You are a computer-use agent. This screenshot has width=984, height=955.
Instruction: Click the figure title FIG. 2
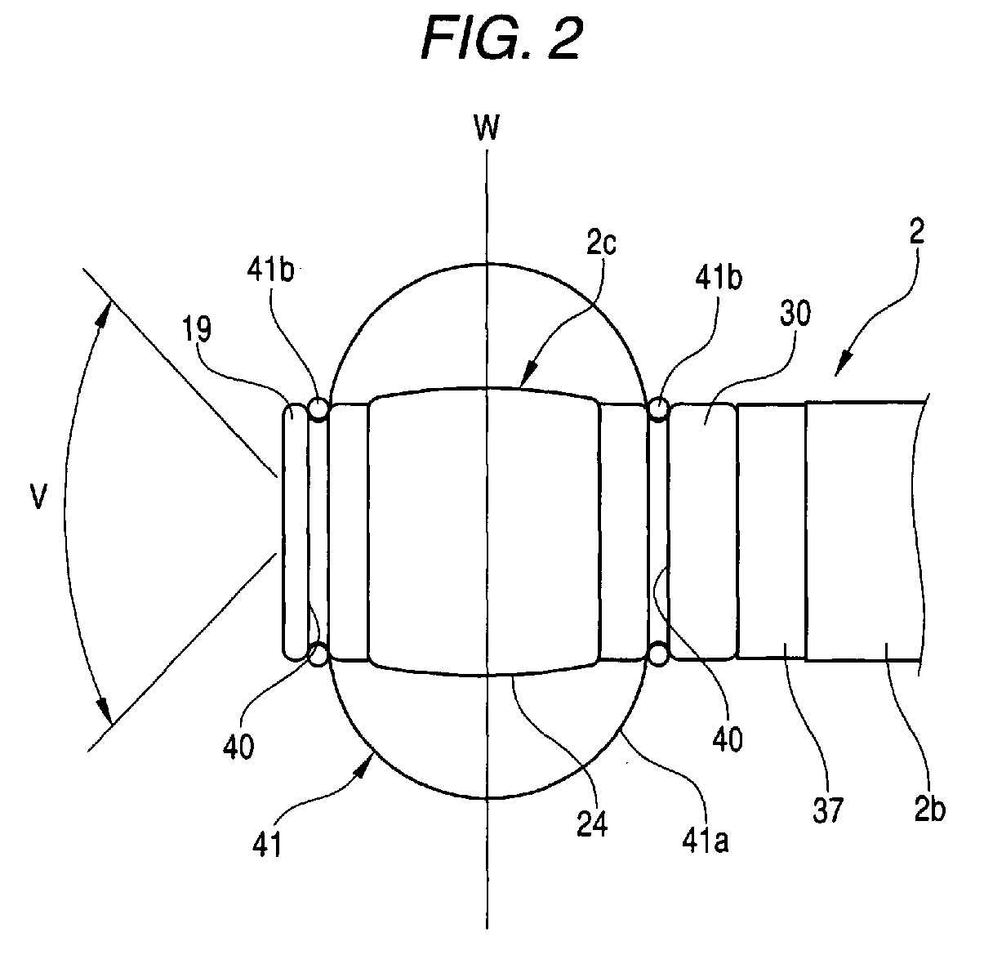coord(501,36)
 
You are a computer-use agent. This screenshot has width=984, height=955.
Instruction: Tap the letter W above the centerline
coord(487,128)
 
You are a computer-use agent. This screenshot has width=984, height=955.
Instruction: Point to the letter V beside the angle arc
coord(37,499)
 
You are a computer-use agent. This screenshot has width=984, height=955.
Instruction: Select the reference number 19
coord(198,329)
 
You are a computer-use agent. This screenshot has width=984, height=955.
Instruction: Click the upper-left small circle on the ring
coord(318,408)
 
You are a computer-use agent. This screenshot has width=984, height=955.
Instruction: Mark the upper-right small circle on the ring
coord(658,408)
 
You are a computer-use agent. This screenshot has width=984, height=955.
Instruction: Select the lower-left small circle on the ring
coord(318,654)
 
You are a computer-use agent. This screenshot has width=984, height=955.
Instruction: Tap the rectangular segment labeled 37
coord(771,531)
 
